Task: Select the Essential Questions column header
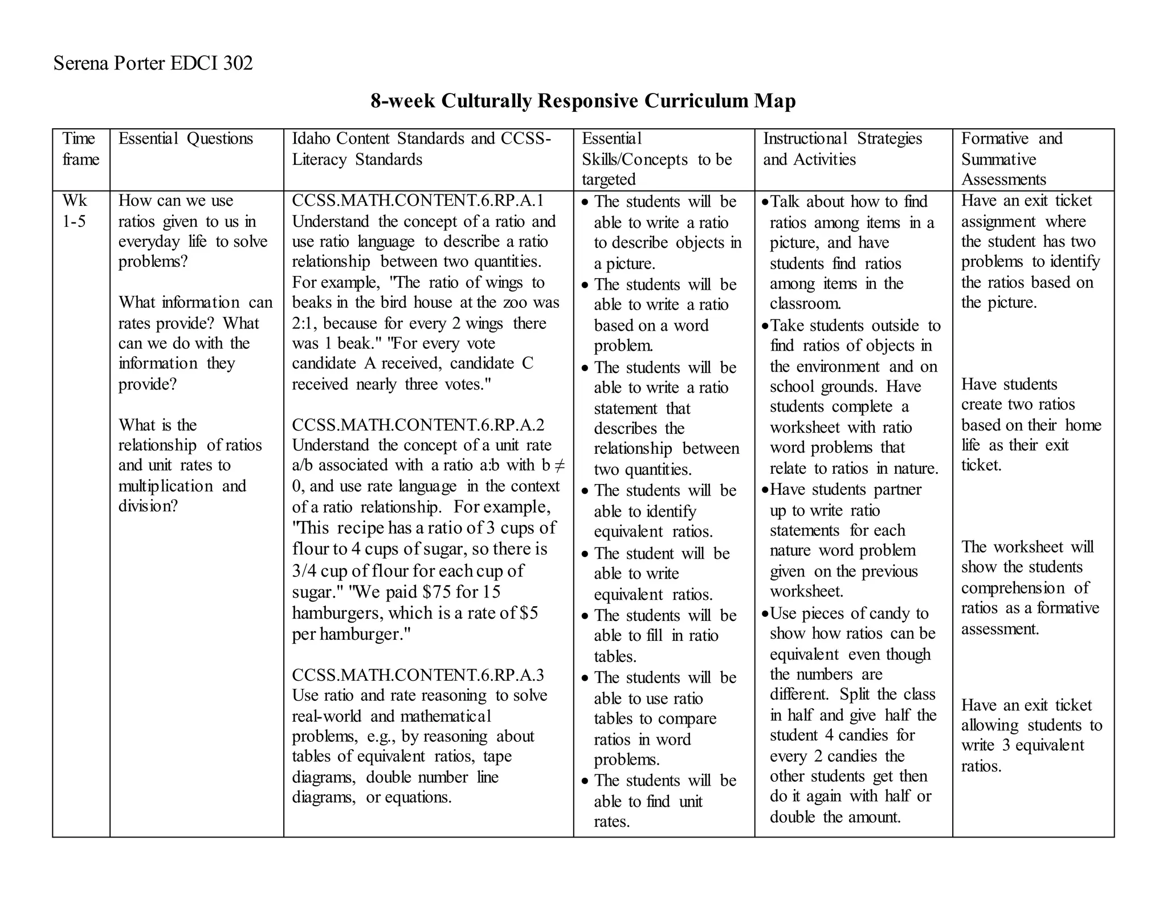[x=185, y=139]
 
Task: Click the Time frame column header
[x=80, y=149]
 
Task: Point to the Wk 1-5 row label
[x=75, y=211]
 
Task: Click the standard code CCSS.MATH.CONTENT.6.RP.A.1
[x=418, y=201]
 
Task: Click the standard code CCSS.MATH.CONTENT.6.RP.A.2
[x=418, y=425]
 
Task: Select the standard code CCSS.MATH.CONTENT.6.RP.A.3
[x=418, y=675]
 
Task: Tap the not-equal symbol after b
[x=559, y=465]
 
